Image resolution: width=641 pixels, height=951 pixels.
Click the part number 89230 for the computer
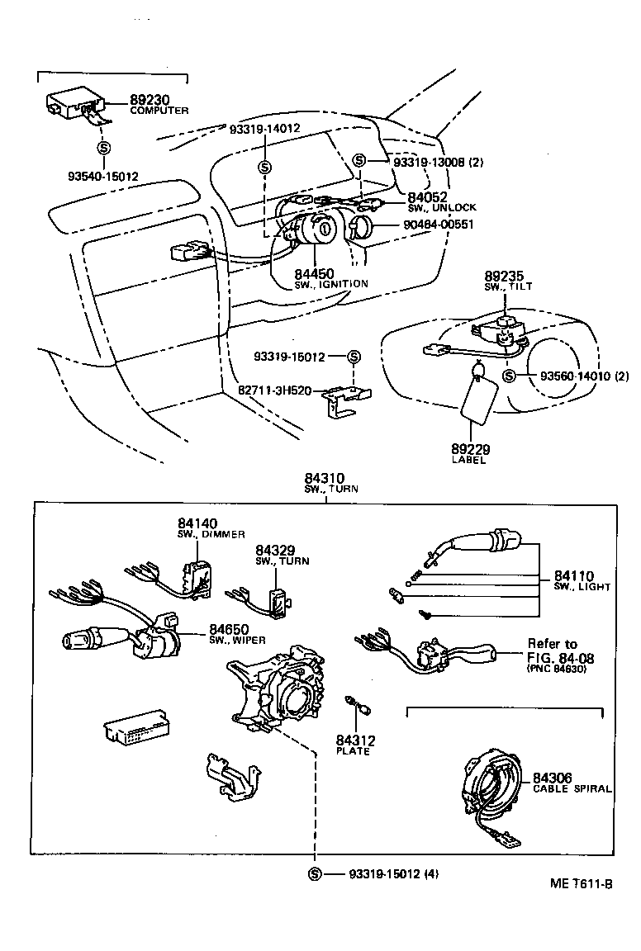[149, 100]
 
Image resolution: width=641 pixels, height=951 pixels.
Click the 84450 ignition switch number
[313, 273]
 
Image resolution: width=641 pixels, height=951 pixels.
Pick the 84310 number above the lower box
[324, 478]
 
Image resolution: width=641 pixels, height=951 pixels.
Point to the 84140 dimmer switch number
[197, 523]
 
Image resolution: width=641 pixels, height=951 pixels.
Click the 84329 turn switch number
[275, 549]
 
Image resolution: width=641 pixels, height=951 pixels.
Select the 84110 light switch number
[574, 575]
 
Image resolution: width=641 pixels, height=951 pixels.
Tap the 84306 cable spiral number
[553, 778]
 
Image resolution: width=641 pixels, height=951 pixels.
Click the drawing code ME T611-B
[581, 883]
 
